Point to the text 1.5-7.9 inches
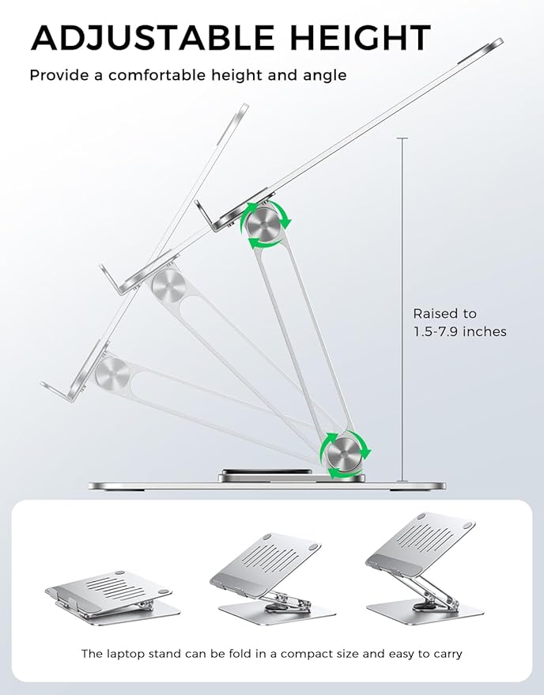click(x=459, y=331)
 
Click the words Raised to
click(x=444, y=314)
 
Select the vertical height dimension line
click(x=402, y=308)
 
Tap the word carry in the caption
click(x=445, y=654)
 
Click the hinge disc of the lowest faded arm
click(x=112, y=371)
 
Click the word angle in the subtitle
click(x=329, y=76)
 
